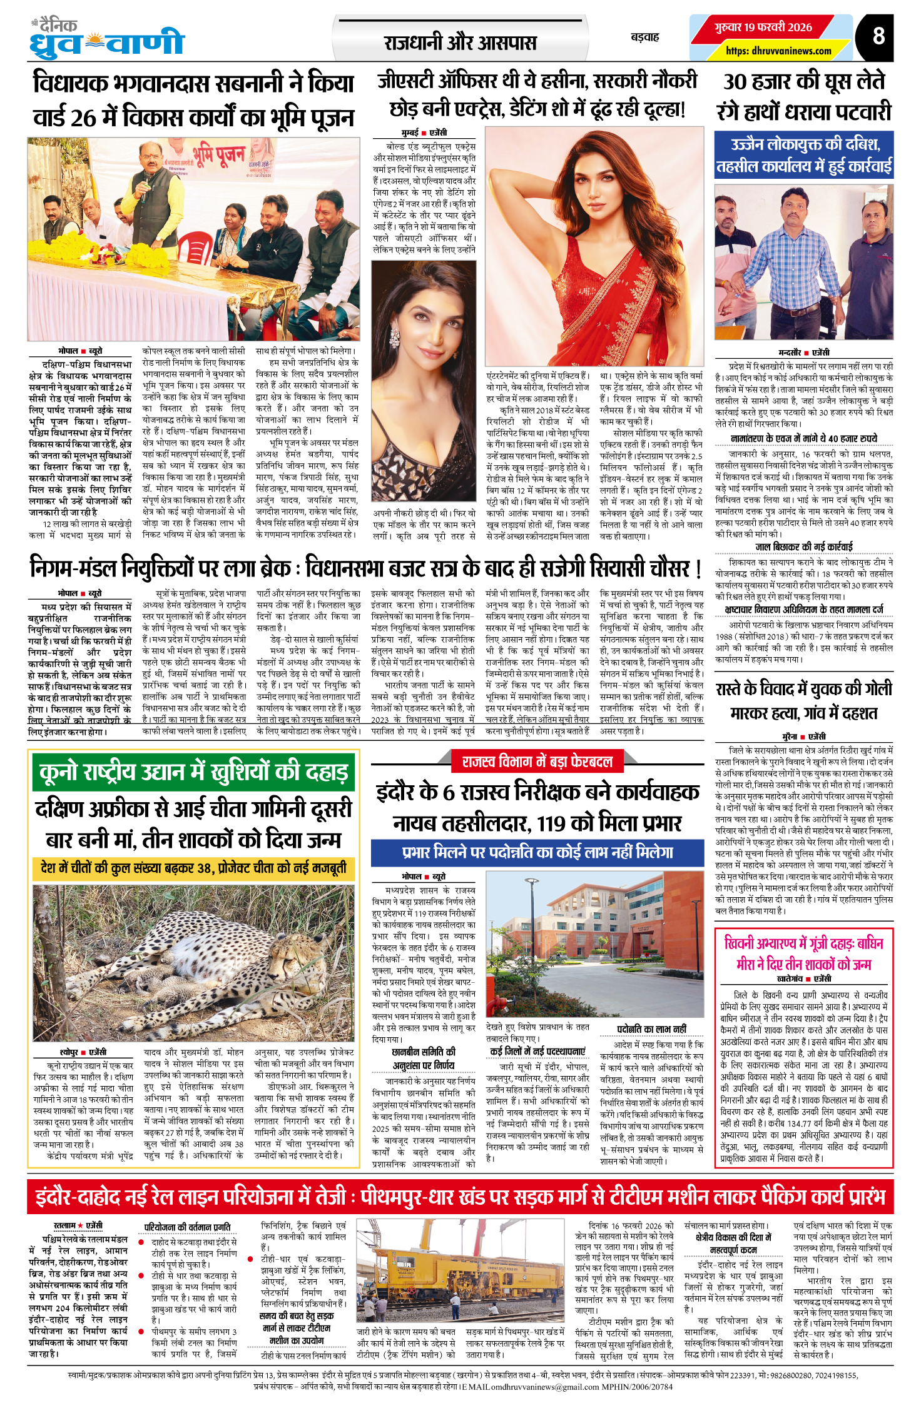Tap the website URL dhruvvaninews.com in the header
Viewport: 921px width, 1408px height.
[x=778, y=51]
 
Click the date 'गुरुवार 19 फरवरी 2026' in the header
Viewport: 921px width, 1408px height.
[x=763, y=28]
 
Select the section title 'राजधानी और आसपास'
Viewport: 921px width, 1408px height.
[x=460, y=43]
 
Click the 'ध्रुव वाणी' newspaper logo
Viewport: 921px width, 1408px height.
[x=107, y=39]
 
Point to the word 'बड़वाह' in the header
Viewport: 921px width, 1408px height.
[x=644, y=38]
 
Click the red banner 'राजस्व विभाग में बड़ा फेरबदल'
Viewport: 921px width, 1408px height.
[x=537, y=762]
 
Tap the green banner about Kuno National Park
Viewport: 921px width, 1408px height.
[x=193, y=772]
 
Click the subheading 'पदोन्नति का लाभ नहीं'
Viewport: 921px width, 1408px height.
[x=651, y=1029]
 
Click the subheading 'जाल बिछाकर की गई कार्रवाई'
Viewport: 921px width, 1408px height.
[x=803, y=546]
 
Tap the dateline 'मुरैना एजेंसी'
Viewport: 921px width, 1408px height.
[x=803, y=737]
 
